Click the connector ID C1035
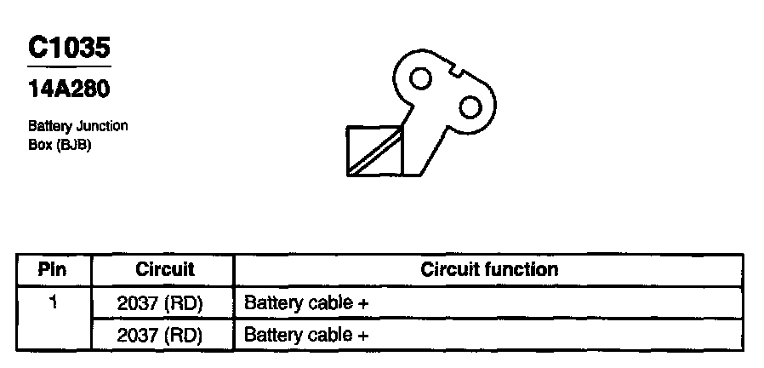(68, 47)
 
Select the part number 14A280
(68, 87)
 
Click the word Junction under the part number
(100, 126)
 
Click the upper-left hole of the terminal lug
(420, 78)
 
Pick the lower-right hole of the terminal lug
(470, 106)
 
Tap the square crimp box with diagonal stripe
(374, 151)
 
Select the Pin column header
(53, 270)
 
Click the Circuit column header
(165, 270)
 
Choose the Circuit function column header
(489, 270)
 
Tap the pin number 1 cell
(53, 302)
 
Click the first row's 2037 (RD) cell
(160, 302)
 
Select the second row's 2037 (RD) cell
(160, 335)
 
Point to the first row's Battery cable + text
(305, 302)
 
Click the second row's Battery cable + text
(305, 335)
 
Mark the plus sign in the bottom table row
(363, 336)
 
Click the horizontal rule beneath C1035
(68, 66)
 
